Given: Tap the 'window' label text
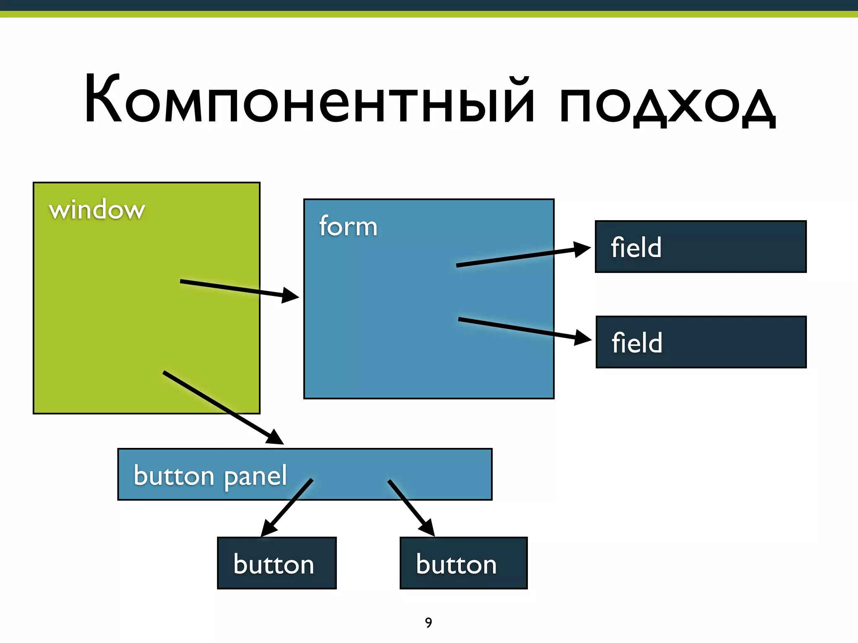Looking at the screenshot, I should click(97, 210).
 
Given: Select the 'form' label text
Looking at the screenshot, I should click(348, 226).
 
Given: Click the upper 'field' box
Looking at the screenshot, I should click(700, 247).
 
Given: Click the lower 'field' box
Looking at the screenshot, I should click(701, 342).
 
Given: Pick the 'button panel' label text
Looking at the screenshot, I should click(210, 476).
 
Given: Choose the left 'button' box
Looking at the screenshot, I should click(277, 563).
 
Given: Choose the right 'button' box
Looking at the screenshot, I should click(463, 563).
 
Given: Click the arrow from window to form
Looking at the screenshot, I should click(235, 288).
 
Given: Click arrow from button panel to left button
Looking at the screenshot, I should click(289, 506).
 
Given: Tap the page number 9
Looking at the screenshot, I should click(428, 622).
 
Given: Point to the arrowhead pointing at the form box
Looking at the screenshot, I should click(291, 295).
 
